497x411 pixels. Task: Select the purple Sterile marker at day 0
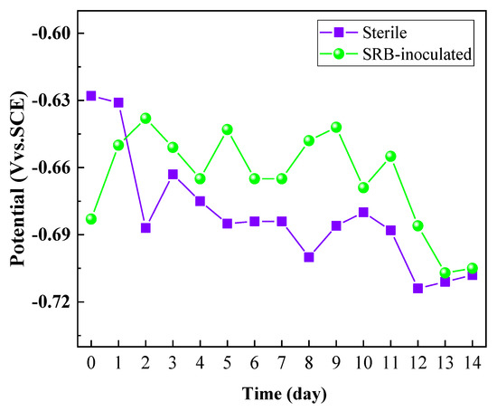point(91,95)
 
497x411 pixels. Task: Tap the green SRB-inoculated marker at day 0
point(91,218)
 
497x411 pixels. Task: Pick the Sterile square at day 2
point(145,227)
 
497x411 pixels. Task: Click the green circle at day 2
point(145,119)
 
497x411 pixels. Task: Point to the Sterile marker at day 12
point(417,288)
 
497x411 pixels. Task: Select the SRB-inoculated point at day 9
point(336,127)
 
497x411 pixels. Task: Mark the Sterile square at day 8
point(309,257)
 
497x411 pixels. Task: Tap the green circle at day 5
point(227,129)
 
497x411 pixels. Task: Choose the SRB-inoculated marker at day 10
point(363,187)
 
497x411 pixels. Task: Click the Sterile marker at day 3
point(173,174)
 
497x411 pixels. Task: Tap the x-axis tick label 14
point(472,363)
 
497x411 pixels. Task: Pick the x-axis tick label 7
point(282,363)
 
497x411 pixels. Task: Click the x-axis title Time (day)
point(283,394)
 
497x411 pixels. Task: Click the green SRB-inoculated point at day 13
point(445,272)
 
